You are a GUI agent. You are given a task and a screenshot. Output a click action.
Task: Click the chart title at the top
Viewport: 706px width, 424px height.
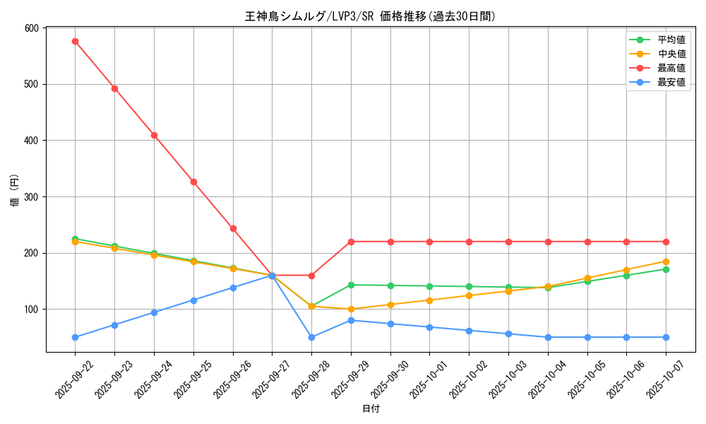point(370,16)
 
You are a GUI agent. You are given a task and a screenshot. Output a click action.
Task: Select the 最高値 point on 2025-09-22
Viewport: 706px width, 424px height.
point(75,41)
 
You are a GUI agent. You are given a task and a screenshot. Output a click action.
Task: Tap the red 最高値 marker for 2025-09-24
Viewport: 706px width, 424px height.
point(154,135)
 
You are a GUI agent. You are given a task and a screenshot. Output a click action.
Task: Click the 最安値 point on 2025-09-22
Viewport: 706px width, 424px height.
point(75,337)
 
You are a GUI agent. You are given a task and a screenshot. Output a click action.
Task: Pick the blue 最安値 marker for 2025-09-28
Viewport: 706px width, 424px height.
point(311,337)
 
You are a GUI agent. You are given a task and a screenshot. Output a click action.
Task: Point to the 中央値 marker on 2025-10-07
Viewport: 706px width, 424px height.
point(666,261)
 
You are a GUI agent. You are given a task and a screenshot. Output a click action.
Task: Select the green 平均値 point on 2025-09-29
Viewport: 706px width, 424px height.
point(351,285)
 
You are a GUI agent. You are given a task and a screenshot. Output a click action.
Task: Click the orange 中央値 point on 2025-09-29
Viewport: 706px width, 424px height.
point(351,309)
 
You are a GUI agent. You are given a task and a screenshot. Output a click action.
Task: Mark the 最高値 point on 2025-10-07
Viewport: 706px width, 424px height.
point(666,242)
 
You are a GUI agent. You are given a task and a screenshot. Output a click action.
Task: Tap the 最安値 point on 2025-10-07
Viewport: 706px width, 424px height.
point(666,337)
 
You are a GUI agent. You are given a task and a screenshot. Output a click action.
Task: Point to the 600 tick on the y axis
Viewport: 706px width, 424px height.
point(31,28)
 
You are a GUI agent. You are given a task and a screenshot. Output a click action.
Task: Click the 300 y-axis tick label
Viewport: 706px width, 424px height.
point(31,197)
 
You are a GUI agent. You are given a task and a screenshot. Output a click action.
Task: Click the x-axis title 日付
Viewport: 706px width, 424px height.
point(370,409)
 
